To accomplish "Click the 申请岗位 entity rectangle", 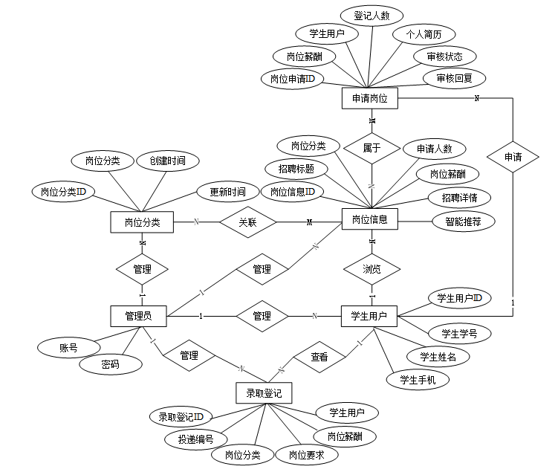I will click(370, 98).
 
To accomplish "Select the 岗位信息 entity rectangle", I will click(370, 220).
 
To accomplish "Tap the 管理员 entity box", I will click(138, 316).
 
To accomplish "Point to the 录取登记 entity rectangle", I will click(259, 392).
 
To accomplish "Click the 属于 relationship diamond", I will click(372, 148).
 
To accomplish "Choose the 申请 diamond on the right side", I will click(513, 157).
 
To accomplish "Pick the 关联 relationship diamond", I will click(247, 222).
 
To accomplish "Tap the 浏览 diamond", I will click(372, 268).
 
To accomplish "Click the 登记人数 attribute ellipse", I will click(371, 15).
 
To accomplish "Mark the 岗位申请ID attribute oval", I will click(292, 78).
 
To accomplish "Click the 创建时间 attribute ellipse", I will click(167, 160).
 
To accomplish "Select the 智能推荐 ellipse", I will click(464, 221).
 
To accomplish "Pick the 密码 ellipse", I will click(111, 364).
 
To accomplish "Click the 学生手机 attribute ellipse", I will click(418, 380).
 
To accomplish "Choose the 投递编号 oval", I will click(196, 439).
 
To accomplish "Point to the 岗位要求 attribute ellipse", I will click(308, 454).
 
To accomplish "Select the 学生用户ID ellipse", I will click(459, 299).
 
